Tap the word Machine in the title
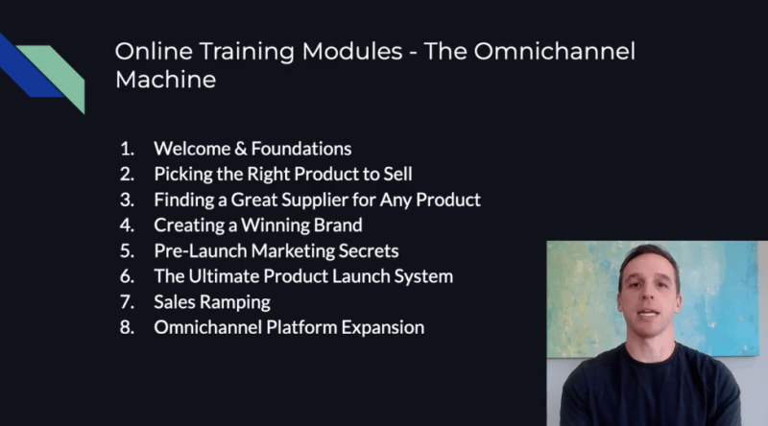coord(165,81)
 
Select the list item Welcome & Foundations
coord(252,149)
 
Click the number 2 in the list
coord(127,175)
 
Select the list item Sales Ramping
coord(212,302)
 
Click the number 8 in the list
coord(127,328)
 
